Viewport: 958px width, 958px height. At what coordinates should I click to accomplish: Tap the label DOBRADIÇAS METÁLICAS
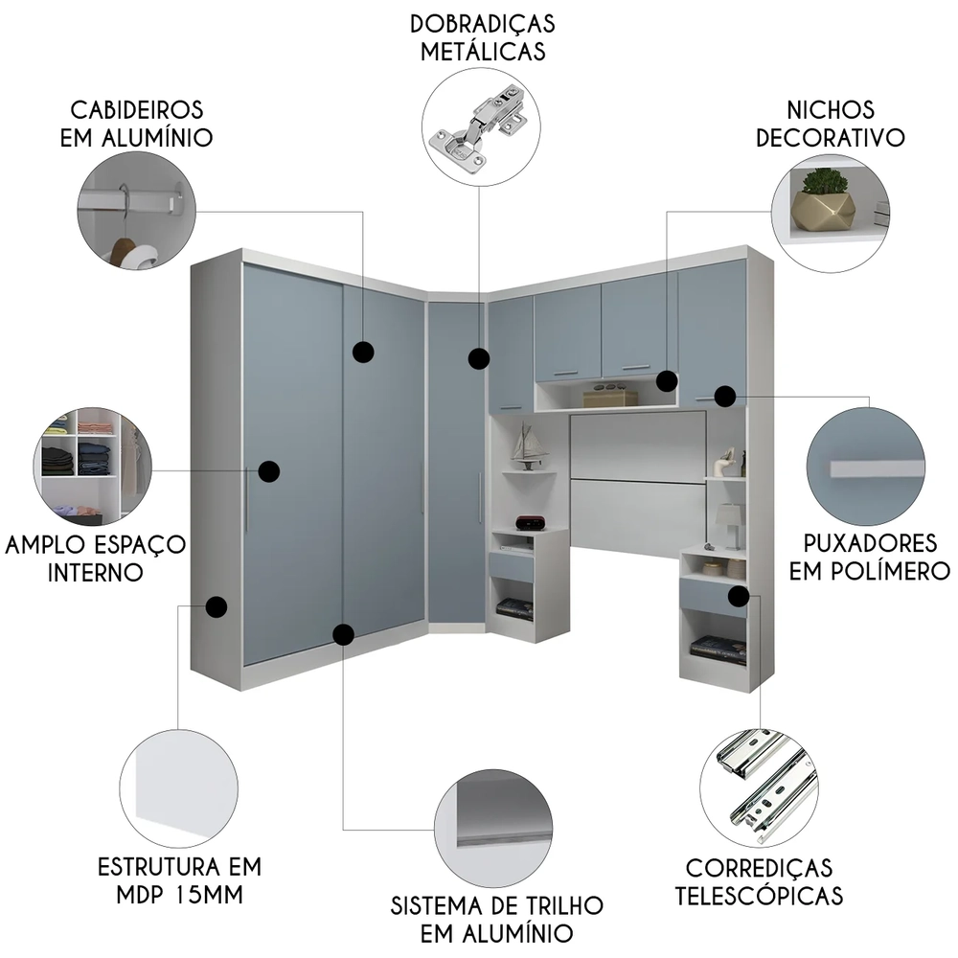(483, 37)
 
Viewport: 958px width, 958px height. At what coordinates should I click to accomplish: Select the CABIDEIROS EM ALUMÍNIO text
(136, 124)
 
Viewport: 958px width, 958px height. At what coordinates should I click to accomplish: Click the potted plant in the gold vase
(824, 196)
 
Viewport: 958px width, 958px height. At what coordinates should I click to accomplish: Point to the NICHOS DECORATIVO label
(830, 124)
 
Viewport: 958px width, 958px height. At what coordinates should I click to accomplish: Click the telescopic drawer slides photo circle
(759, 784)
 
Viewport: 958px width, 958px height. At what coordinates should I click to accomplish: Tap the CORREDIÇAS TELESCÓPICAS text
(759, 881)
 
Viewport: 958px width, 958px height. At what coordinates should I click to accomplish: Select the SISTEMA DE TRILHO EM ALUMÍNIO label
(497, 918)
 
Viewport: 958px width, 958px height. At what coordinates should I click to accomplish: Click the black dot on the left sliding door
(268, 470)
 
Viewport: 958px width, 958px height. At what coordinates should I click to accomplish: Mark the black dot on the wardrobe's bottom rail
(343, 633)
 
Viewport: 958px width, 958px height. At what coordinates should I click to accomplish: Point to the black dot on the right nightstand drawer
(738, 596)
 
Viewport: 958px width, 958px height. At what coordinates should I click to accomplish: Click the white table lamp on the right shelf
(730, 523)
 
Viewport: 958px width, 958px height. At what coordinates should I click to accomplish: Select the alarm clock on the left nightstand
(530, 522)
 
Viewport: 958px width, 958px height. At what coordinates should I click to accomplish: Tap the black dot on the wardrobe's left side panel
(217, 606)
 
